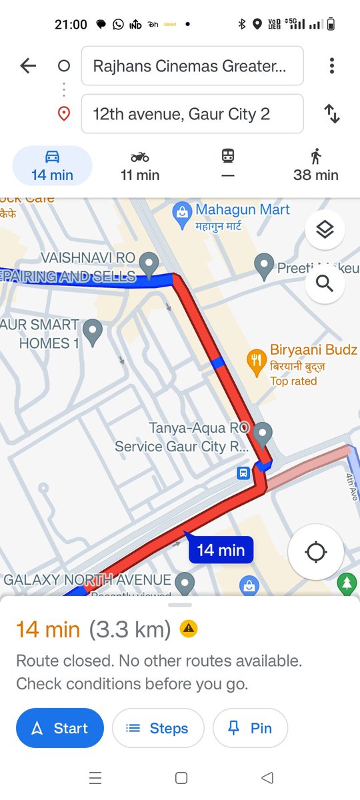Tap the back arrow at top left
[x=28, y=65]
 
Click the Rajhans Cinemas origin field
[x=192, y=66]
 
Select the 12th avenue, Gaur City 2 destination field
[x=192, y=114]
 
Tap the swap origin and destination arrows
[x=331, y=114]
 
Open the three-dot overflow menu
[x=331, y=65]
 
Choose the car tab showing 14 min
[x=52, y=165]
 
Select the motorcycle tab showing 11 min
[x=140, y=165]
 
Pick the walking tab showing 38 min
[x=315, y=165]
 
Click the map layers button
[x=325, y=230]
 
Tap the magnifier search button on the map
[x=325, y=283]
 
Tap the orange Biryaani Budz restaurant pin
[x=256, y=361]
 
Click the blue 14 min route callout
[x=221, y=550]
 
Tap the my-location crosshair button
[x=315, y=552]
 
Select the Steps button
[x=157, y=728]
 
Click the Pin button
[x=250, y=728]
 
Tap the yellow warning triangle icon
[x=189, y=628]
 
